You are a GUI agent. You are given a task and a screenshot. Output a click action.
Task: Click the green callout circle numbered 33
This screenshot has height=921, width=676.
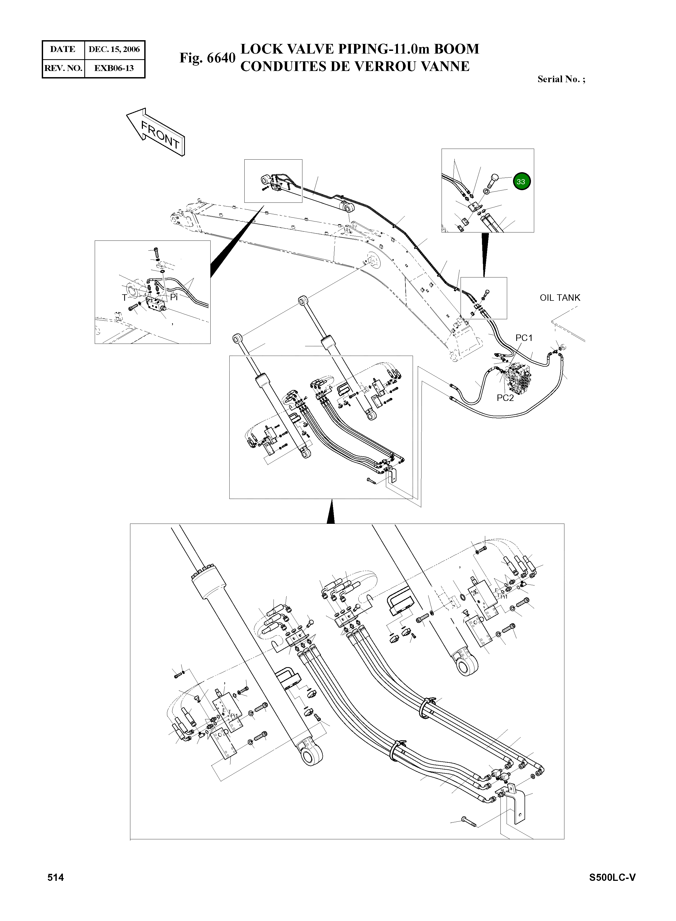click(x=521, y=181)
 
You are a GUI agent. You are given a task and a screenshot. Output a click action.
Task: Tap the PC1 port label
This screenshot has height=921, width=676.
click(x=524, y=338)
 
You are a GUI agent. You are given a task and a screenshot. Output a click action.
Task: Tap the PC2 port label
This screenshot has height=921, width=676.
click(x=505, y=398)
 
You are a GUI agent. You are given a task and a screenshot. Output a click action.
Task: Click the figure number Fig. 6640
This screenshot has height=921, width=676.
click(x=207, y=58)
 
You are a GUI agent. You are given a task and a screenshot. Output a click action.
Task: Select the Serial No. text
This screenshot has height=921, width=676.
click(x=561, y=80)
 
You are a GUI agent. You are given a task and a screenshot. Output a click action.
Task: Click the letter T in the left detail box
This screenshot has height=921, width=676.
click(x=124, y=298)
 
